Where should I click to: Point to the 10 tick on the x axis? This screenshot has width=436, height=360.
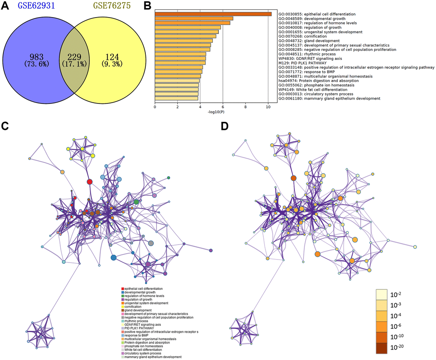click(268, 108)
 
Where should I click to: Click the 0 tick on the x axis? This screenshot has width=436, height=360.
click(155, 108)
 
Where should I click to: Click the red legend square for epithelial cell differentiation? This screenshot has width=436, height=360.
click(123, 289)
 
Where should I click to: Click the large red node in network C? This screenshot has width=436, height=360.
click(90, 182)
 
